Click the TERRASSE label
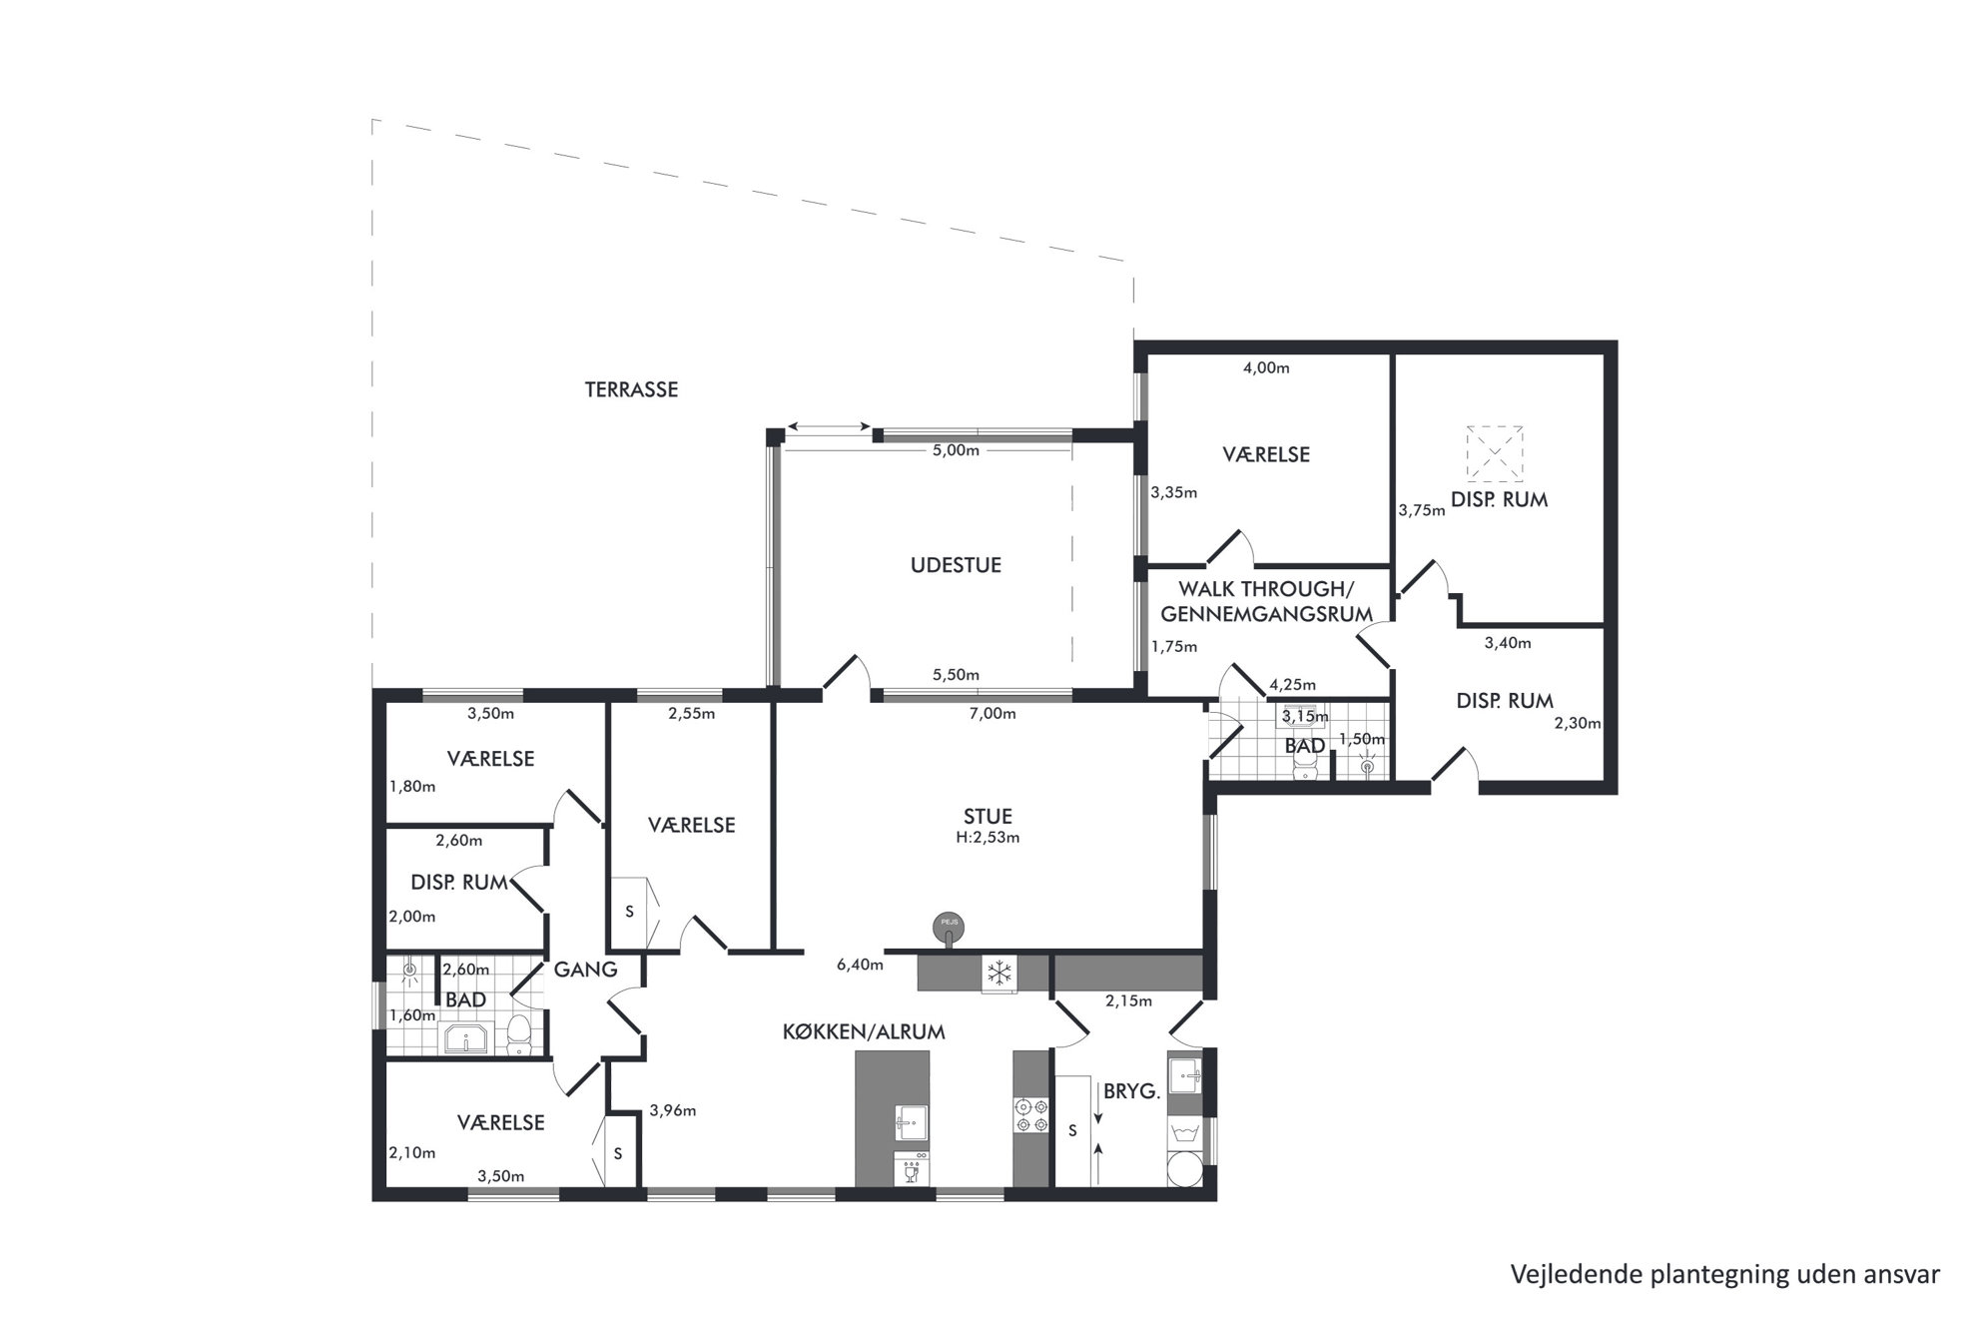tap(631, 389)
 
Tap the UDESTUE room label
tap(956, 565)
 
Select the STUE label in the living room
tap(988, 817)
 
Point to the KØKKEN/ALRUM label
tap(864, 1031)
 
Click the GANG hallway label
tap(586, 969)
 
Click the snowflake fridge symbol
tap(999, 973)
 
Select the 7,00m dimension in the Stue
tap(992, 713)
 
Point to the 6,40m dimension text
tap(860, 965)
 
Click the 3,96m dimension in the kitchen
tap(672, 1109)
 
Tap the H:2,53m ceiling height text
tap(988, 838)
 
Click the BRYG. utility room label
tap(1131, 1091)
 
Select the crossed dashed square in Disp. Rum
tap(1495, 454)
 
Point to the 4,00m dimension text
tap(1266, 367)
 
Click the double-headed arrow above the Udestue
tap(828, 428)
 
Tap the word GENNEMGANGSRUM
tap(1266, 614)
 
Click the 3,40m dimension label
tap(1508, 643)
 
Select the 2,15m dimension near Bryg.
tap(1128, 1000)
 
